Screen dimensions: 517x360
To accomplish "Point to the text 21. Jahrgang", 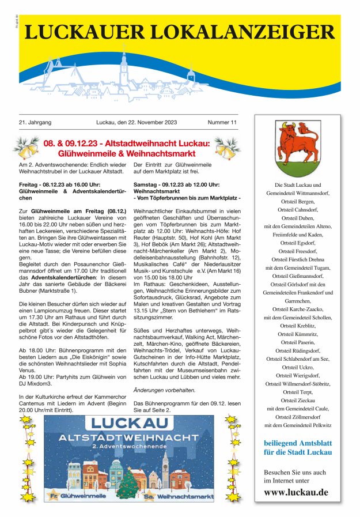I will pos(35,122).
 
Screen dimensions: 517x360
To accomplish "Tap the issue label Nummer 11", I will pos(222,122).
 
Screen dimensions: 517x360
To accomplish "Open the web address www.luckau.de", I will pos(297,492).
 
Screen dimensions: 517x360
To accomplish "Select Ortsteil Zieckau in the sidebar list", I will pos(298,400).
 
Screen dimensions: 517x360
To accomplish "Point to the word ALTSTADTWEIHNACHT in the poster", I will pos(128,437).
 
